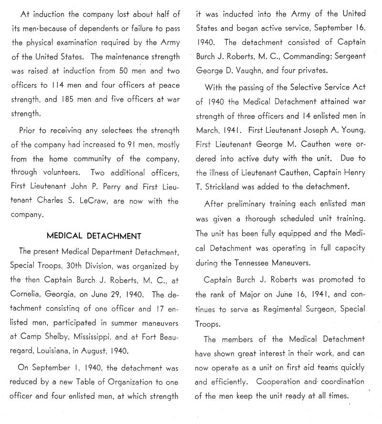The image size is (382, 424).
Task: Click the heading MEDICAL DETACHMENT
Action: click(x=94, y=235)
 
